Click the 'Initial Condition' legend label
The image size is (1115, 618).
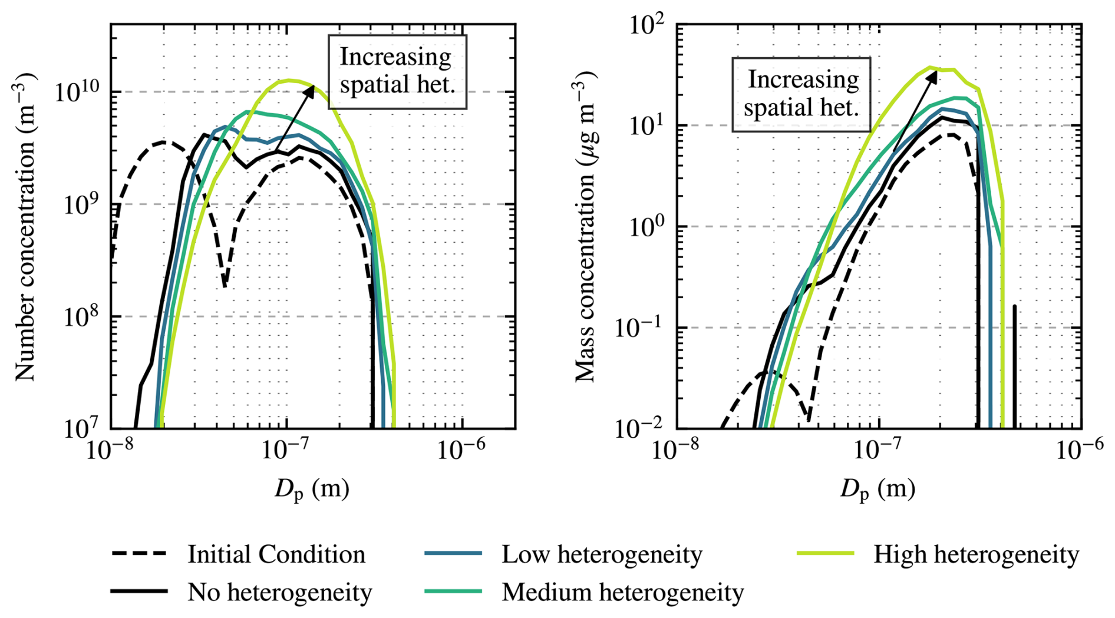[x=276, y=554]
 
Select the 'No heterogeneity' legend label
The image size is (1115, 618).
[x=279, y=592]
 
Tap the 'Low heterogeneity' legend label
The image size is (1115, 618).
[x=602, y=554]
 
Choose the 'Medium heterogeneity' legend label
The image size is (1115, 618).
[x=622, y=592]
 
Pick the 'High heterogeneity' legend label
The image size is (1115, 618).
[x=976, y=554]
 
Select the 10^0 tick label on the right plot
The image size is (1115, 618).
[x=646, y=226]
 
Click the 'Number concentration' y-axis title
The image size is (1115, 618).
[x=25, y=227]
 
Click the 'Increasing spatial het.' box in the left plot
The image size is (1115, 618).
[x=397, y=72]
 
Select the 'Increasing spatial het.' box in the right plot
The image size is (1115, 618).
[x=801, y=94]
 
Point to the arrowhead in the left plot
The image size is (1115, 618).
[x=310, y=90]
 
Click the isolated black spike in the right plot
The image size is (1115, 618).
[x=1014, y=365]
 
